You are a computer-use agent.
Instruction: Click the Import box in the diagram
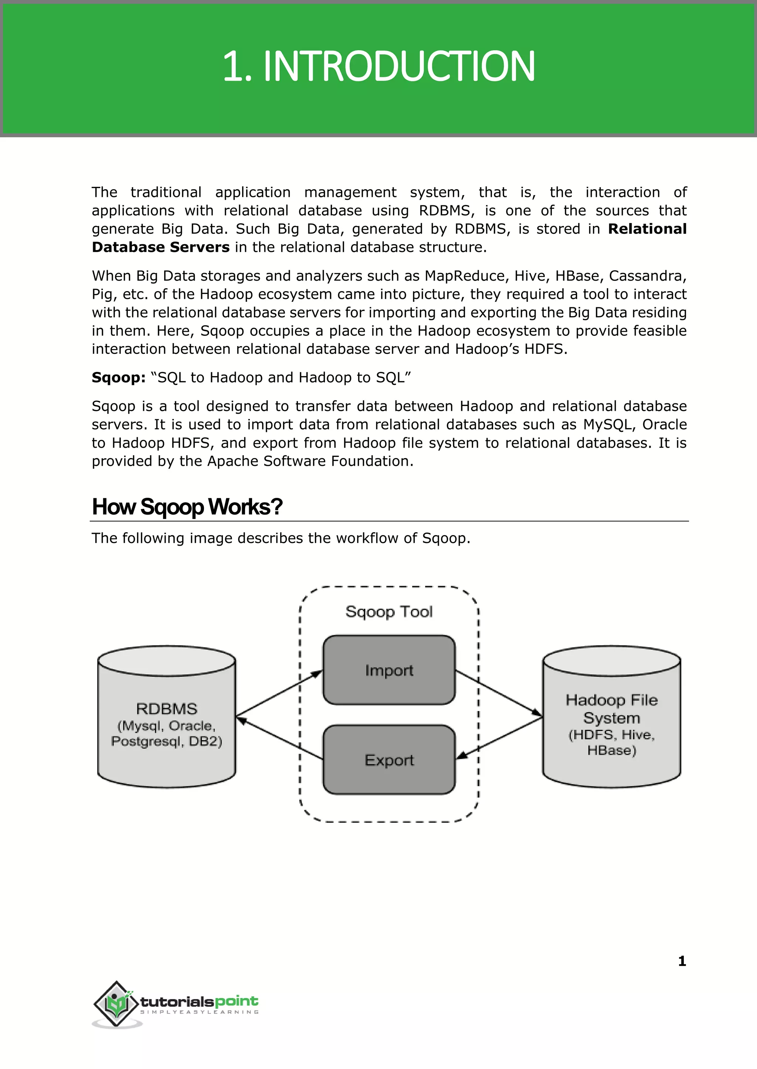coord(389,670)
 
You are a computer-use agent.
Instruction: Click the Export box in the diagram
coord(389,760)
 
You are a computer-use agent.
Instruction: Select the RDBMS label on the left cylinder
coord(166,708)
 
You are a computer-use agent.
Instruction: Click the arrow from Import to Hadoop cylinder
coord(499,693)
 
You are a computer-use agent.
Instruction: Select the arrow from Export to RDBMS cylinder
coord(280,739)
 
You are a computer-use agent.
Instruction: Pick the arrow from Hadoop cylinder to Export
coord(499,739)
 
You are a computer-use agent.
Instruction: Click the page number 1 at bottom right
coord(682,961)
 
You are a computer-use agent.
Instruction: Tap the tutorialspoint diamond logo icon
coord(116,1003)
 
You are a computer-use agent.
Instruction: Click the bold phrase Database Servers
coord(160,247)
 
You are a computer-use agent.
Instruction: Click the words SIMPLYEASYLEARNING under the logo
coord(200,1012)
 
